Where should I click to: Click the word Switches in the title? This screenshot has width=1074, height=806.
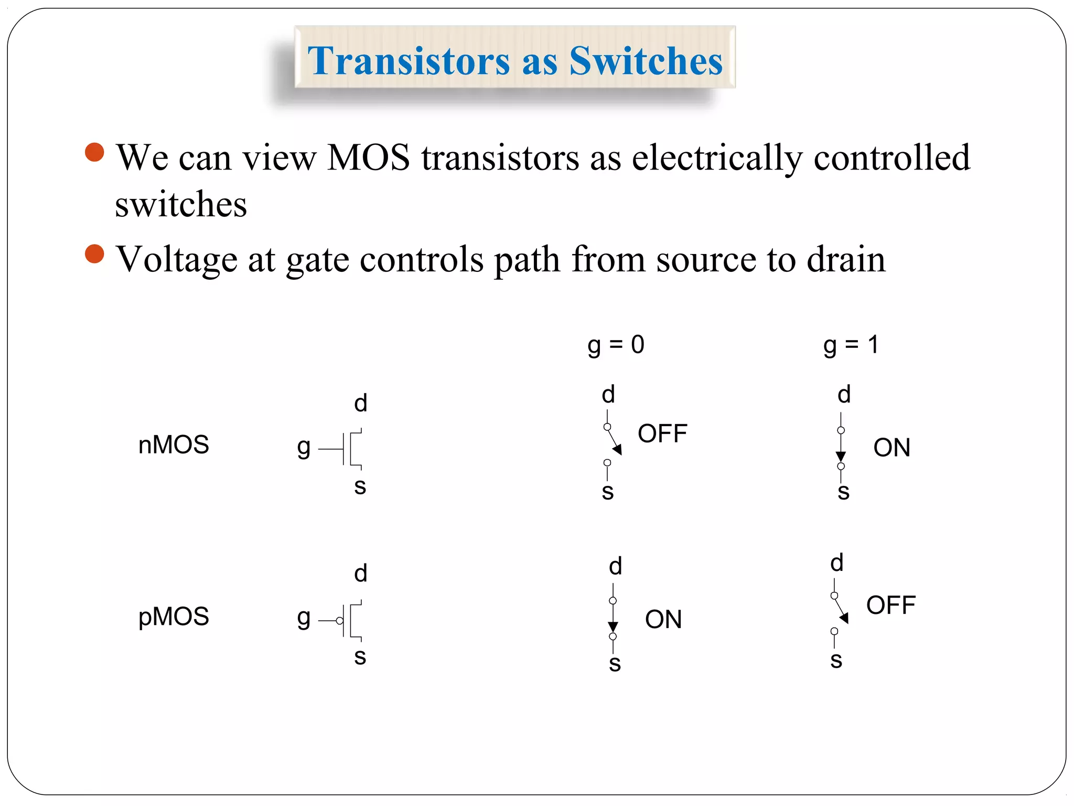[x=646, y=61]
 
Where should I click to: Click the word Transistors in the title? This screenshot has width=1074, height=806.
[x=409, y=61]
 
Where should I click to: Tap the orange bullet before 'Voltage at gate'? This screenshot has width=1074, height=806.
[x=94, y=254]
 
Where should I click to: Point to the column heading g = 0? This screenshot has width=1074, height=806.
[x=616, y=345]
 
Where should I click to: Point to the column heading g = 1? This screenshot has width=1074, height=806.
[x=851, y=345]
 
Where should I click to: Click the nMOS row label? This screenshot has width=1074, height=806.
[x=174, y=445]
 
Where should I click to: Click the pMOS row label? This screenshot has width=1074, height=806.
[x=174, y=617]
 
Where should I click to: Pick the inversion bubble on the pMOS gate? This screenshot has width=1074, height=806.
[x=340, y=621]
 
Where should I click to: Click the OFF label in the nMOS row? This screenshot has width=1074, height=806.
[x=662, y=434]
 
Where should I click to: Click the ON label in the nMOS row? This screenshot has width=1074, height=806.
[x=892, y=448]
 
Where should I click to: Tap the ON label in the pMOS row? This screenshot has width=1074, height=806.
[x=663, y=620]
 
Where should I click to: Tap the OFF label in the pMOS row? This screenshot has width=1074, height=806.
[x=890, y=606]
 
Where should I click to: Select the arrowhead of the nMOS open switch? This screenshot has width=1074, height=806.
[x=618, y=449]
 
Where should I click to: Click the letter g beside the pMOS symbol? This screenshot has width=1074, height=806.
[x=304, y=618]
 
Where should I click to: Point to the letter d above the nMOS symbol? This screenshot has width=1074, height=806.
[x=360, y=403]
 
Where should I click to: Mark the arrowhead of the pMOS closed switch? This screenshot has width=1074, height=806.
[x=613, y=627]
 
